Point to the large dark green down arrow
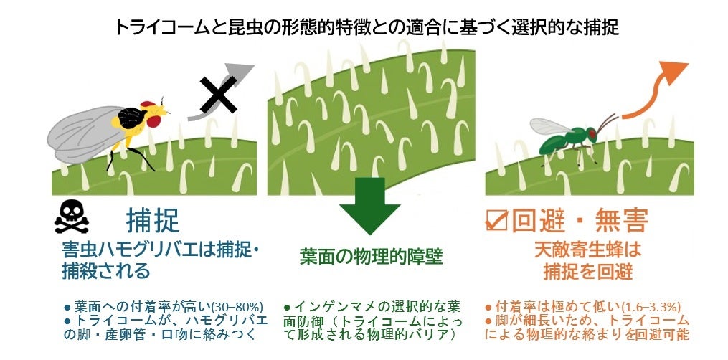click(369, 204)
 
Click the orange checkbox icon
click(496, 220)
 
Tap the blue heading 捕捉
click(153, 220)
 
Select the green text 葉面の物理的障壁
click(371, 256)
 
